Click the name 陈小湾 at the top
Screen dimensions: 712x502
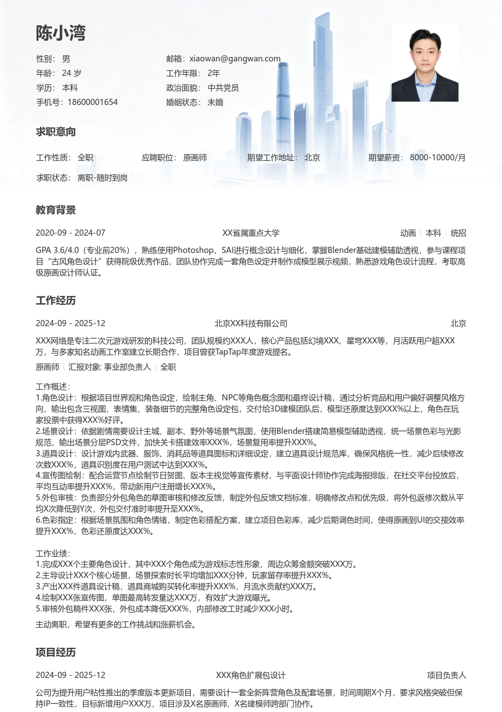[61, 33]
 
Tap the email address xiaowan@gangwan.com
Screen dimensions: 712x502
[235, 59]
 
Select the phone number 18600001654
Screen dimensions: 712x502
[93, 102]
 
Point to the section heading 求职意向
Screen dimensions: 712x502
[56, 132]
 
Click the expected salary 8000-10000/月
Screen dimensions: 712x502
[438, 157]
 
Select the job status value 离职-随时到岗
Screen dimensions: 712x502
[103, 178]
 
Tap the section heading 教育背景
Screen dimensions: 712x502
[56, 211]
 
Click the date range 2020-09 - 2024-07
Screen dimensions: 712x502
[70, 233]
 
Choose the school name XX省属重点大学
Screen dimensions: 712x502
[251, 233]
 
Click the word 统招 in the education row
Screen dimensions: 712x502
[458, 233]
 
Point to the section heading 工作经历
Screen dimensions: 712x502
[56, 301]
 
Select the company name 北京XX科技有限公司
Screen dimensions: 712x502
[251, 323]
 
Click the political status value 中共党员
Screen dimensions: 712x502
[223, 88]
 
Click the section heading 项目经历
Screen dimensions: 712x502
[56, 653]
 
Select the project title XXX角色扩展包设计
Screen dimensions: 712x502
[251, 675]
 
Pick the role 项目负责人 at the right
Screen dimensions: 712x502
[447, 675]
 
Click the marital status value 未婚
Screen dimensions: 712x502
[215, 102]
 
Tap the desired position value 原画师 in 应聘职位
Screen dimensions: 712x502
[195, 157]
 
